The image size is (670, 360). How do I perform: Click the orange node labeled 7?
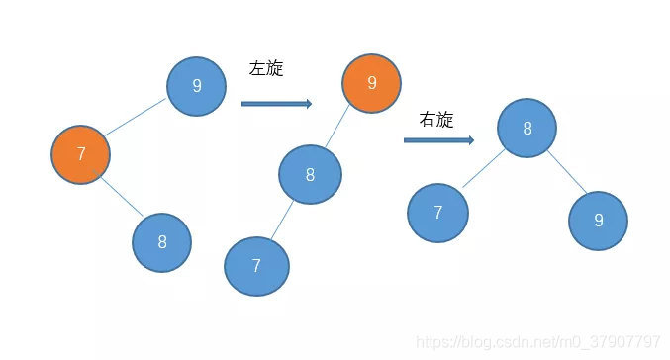[x=80, y=154]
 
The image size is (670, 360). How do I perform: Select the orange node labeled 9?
[x=371, y=83]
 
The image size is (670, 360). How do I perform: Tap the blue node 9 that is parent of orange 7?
[x=196, y=86]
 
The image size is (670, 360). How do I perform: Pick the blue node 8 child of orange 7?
[x=161, y=242]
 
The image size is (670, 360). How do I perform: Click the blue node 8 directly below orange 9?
[x=310, y=175]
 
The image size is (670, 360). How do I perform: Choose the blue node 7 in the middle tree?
[x=256, y=266]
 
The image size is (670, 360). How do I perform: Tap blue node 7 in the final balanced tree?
[x=437, y=213]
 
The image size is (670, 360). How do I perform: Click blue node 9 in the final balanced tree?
[x=598, y=221]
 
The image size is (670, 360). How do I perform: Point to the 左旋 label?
[x=266, y=69]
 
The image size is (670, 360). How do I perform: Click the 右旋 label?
[x=436, y=120]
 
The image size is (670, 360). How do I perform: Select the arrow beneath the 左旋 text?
[x=276, y=103]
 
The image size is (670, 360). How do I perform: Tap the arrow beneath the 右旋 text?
[x=438, y=140]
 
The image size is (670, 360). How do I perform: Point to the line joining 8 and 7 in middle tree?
[x=283, y=221]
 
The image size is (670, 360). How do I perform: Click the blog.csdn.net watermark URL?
[x=539, y=342]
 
